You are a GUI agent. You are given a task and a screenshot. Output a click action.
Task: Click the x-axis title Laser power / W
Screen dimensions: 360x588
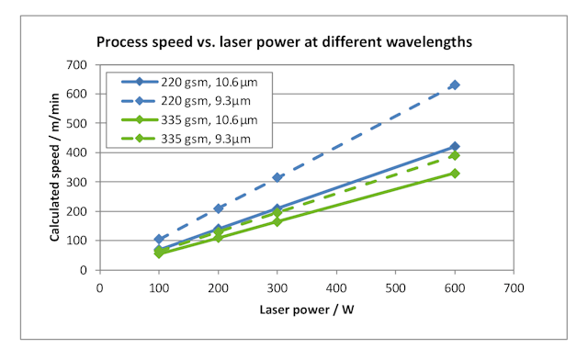(x=308, y=310)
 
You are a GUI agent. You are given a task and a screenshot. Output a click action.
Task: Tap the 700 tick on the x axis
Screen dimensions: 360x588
(x=514, y=287)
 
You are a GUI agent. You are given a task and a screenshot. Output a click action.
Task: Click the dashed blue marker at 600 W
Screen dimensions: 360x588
(x=455, y=85)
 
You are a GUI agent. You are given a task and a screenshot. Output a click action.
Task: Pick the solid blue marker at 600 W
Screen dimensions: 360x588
(x=455, y=147)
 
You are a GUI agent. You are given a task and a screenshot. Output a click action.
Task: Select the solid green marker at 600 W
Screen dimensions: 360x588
(x=455, y=174)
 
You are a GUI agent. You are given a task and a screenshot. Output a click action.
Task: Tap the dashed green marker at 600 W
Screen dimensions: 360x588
(x=455, y=155)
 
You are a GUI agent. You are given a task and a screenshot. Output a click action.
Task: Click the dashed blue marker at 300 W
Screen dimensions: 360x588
(x=277, y=177)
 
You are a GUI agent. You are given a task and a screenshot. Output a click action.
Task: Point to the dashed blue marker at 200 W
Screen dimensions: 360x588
(x=218, y=208)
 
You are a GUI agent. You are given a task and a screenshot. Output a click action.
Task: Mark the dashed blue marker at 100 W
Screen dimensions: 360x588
(x=159, y=240)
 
